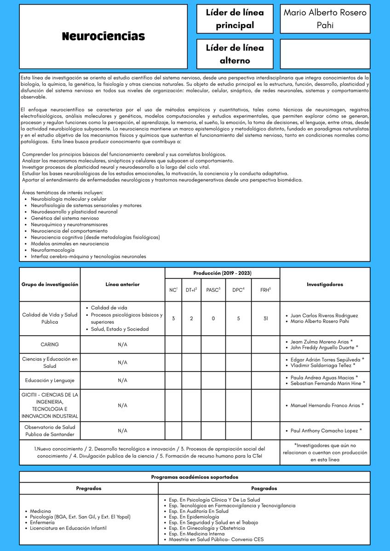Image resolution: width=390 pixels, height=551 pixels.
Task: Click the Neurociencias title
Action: (103, 36)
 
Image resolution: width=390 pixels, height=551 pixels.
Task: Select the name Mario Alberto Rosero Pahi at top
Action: (325, 19)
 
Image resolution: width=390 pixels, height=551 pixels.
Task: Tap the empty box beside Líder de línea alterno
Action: (325, 54)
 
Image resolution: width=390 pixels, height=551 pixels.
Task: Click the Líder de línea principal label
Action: (235, 19)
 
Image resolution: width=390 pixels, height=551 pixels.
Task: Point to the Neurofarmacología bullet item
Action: (52, 250)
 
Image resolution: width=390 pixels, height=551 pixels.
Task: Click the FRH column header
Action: (265, 290)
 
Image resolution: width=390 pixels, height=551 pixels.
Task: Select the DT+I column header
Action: (191, 290)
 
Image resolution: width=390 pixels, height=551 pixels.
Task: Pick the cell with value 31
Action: (265, 318)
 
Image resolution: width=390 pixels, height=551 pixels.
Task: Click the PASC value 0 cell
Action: (213, 318)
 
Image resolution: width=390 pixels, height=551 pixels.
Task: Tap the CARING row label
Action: (50, 344)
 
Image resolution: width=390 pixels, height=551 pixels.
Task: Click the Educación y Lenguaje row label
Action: (50, 380)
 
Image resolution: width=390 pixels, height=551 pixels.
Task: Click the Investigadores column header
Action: (325, 284)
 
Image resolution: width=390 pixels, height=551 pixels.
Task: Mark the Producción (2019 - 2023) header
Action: (222, 273)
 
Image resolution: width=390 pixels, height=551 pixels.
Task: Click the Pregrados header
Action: (89, 488)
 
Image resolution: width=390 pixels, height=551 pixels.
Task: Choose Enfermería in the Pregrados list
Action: (42, 523)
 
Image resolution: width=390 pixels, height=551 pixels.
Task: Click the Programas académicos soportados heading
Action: (195, 477)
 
